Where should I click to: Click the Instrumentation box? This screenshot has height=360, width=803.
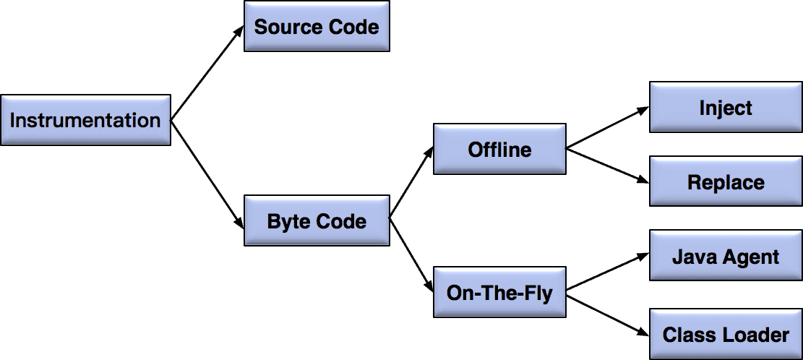[x=85, y=120]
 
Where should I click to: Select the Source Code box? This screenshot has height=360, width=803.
[x=317, y=27]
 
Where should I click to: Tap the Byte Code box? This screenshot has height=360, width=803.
[x=317, y=221]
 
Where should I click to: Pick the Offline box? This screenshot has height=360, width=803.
[x=499, y=150]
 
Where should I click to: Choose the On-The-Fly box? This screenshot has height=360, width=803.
[x=499, y=293]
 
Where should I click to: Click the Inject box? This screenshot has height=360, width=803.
[x=726, y=108]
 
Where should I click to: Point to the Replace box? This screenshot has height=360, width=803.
[x=726, y=182]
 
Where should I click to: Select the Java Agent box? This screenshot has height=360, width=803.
[x=726, y=257]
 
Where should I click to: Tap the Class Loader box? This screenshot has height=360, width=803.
[x=726, y=335]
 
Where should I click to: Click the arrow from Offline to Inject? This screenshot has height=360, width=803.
[x=608, y=129]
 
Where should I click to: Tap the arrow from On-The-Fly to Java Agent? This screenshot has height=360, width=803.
[x=608, y=273]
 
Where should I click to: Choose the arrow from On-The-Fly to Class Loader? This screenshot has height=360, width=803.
[x=608, y=314]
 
